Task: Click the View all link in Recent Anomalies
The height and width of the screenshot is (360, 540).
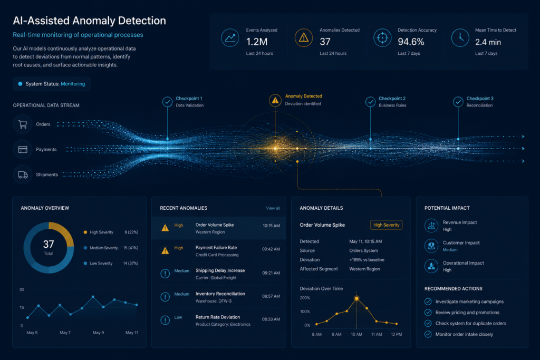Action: pos(273,208)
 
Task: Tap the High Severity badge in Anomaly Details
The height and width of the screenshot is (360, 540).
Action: pos(387,225)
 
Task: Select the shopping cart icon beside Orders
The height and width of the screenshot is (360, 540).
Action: pos(23,124)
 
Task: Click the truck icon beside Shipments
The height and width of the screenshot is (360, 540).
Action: pos(23,175)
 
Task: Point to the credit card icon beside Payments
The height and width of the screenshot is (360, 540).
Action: pos(23,149)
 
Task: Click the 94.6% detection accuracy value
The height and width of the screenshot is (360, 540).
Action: pos(411,42)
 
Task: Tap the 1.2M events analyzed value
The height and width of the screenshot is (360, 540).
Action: pos(257,42)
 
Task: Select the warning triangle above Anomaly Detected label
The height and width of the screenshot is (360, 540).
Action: pos(275,100)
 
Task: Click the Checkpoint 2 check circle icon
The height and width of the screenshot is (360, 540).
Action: pos(370,102)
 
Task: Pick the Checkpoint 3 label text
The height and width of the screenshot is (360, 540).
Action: pos(480,99)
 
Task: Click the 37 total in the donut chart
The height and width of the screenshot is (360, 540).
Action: pos(49,244)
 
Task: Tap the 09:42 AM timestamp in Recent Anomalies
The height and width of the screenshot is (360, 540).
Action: pos(271,249)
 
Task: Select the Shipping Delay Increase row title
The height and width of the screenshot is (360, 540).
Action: pos(220,270)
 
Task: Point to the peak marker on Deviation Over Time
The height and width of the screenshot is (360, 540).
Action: pos(356,298)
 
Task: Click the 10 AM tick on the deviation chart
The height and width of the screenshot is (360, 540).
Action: pos(356,334)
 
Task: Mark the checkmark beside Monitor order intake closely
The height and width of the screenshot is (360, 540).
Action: pos(428,334)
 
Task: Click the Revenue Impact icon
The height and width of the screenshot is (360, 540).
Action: pos(431,226)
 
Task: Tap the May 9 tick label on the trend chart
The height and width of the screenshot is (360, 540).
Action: pos(98,333)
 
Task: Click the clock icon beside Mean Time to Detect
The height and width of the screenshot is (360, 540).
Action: pos(460,37)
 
